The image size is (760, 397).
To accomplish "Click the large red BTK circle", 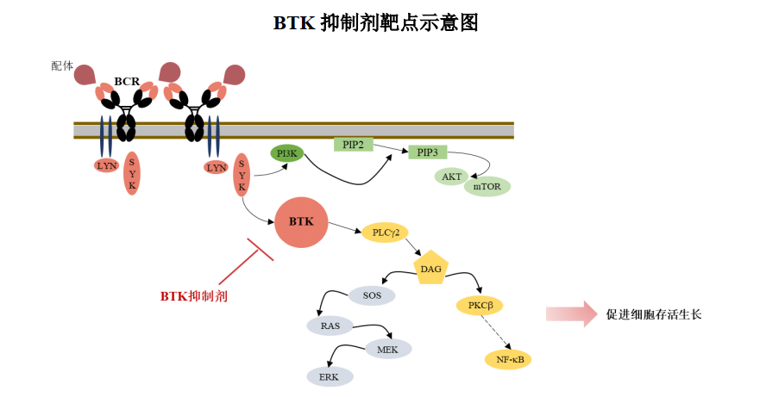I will (x=301, y=221).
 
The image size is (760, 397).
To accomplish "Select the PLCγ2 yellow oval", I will (x=384, y=233).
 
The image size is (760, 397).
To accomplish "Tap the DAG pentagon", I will (x=430, y=268).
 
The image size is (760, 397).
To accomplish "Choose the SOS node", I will (x=372, y=295).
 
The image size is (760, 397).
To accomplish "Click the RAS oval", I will (x=330, y=326).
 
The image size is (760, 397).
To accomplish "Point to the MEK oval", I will (x=388, y=349).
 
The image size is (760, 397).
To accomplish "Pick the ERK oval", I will (x=329, y=376).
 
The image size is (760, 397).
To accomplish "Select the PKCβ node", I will (x=480, y=306).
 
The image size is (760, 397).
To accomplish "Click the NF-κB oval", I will (x=508, y=359).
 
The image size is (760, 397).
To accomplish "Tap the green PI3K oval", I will (x=286, y=153).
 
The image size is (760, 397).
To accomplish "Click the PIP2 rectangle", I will (x=354, y=144).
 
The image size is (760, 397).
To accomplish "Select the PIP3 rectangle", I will (x=427, y=152).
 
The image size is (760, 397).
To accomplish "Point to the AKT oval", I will (x=451, y=177).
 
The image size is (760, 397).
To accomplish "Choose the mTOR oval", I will (x=487, y=186).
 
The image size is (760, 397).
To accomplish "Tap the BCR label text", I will (x=127, y=82).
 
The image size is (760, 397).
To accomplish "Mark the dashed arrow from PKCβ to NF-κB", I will (x=495, y=332).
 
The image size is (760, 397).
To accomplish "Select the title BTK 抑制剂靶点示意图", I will (x=376, y=22).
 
